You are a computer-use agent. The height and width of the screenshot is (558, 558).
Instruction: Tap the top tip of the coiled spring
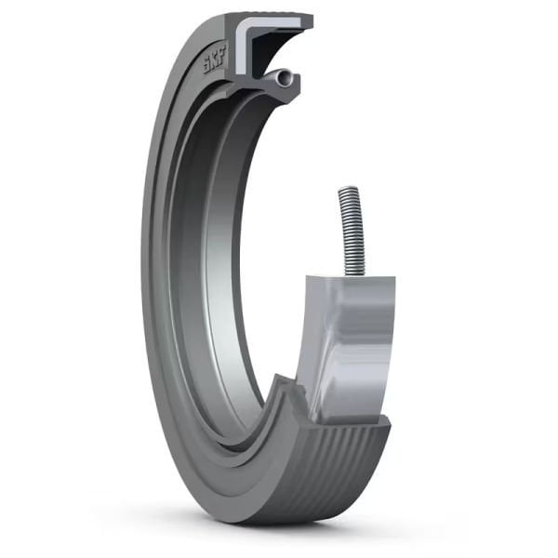pos(347,190)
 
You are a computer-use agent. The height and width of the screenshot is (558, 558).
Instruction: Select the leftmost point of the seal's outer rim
pos(142,279)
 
